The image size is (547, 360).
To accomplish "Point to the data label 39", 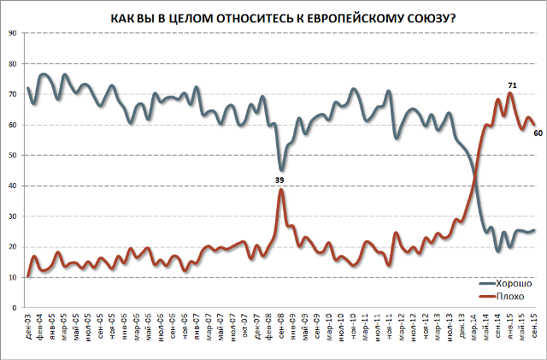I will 279,180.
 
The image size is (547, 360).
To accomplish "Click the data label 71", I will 512,86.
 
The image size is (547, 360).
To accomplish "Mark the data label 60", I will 537,133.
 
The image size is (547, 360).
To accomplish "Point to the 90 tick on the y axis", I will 11,33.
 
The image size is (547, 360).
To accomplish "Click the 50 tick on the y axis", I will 11,156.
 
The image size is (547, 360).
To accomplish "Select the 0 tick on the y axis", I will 14,308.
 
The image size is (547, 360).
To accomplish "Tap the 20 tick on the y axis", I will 11,247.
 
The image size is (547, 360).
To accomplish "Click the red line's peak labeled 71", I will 510,93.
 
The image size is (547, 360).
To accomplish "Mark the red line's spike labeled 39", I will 280,190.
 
